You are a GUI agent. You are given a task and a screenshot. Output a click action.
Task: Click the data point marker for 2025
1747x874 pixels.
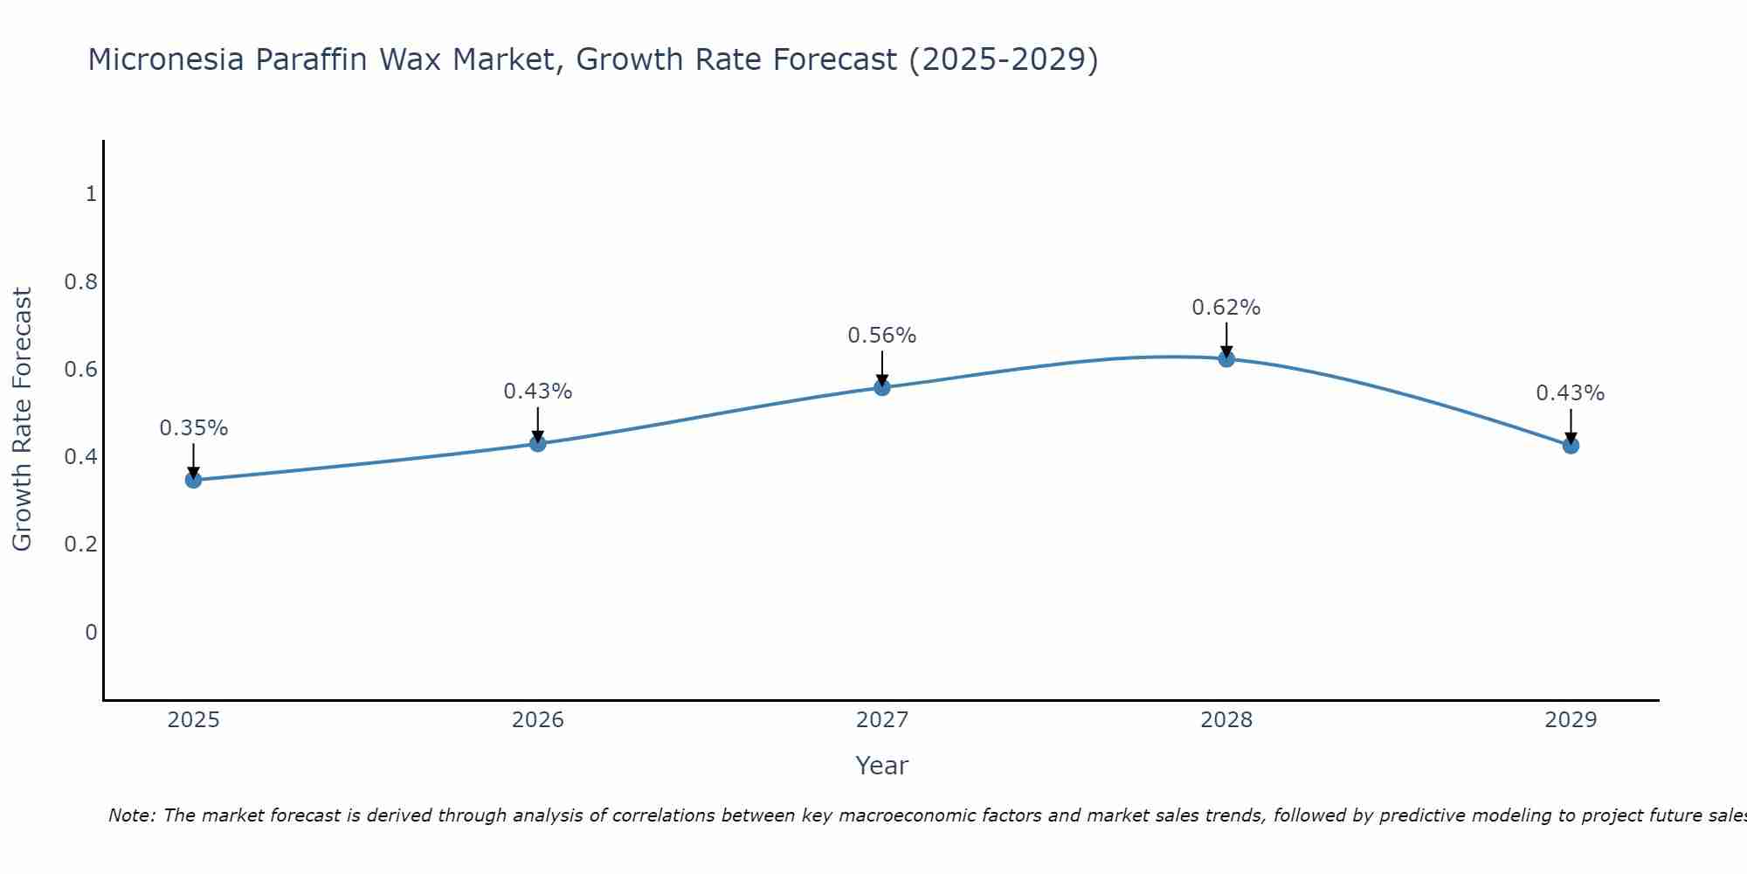click(194, 480)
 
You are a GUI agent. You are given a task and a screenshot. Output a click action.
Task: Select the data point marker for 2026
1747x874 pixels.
click(538, 444)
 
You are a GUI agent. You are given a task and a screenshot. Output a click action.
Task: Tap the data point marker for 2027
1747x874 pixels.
click(882, 387)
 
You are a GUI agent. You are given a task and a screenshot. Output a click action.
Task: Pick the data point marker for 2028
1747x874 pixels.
click(1226, 358)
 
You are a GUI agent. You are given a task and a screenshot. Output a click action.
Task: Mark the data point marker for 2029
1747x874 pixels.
click(1571, 446)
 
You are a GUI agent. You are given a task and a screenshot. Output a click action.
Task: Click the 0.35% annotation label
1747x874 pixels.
click(194, 428)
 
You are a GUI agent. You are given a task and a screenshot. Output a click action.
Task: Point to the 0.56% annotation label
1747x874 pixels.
click(882, 336)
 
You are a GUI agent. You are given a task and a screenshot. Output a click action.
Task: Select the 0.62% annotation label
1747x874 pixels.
click(1226, 308)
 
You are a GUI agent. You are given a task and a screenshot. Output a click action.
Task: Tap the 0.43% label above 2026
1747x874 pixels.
click(538, 392)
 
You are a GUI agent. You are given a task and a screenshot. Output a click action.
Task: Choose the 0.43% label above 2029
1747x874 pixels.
click(1571, 393)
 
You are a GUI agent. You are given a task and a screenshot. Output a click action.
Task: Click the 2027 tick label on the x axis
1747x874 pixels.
click(882, 720)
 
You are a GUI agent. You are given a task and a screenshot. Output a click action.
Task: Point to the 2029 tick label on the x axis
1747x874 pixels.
click(1571, 720)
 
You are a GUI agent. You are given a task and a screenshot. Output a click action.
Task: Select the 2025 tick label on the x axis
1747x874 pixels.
click(194, 720)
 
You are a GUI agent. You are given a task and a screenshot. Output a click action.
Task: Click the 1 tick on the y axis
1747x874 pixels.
click(91, 194)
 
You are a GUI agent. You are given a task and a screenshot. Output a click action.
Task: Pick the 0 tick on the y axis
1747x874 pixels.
click(91, 632)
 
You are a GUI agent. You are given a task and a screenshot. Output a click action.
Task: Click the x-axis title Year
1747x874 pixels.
click(882, 766)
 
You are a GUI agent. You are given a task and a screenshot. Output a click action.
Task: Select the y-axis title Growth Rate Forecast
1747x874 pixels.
click(22, 420)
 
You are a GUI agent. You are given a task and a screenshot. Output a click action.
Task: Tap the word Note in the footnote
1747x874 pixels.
click(131, 815)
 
